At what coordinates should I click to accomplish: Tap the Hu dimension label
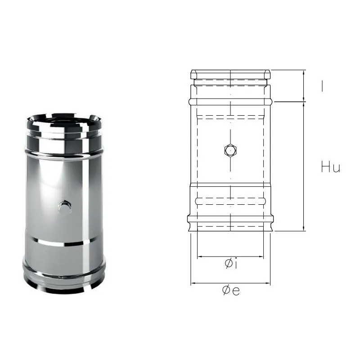coord(330,167)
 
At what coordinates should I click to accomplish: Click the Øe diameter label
coord(230,291)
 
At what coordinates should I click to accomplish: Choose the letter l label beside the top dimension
coord(322,86)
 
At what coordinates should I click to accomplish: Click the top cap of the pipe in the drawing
coord(230,74)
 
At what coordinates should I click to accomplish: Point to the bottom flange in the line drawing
coord(230,220)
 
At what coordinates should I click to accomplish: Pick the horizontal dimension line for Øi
coord(230,257)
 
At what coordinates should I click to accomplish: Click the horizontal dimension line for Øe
coord(230,283)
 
